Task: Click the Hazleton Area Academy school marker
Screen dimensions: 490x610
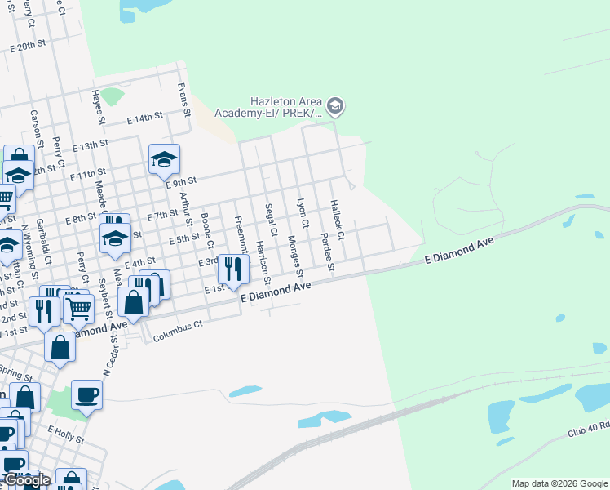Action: [334, 105]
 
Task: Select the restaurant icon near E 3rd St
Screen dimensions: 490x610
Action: [234, 269]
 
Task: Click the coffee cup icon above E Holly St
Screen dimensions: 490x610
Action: [86, 396]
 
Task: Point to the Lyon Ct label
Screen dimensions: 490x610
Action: [302, 212]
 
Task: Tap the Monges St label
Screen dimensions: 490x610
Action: [294, 254]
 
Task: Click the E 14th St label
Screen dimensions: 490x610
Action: [145, 118]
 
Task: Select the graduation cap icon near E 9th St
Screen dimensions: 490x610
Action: [164, 159]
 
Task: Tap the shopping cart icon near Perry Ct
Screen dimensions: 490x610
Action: [78, 308]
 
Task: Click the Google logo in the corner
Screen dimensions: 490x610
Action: [26, 480]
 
